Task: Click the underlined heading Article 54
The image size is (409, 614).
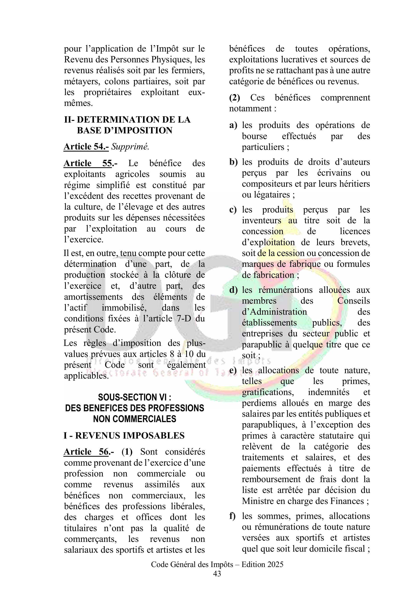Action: click(86, 146)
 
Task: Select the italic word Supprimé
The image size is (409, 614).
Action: click(130, 146)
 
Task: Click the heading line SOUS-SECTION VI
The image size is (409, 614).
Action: click(134, 397)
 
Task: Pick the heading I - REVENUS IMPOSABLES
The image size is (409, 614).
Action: click(124, 436)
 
